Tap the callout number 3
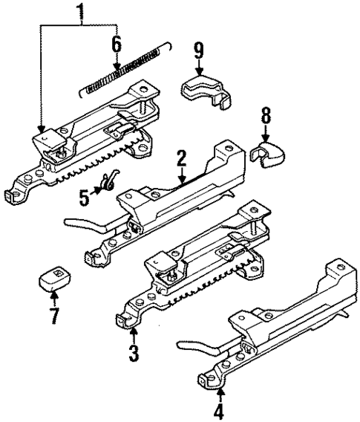coord(134,352)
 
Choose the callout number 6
coord(116,44)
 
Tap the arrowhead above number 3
coord(133,332)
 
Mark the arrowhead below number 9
coord(198,72)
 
